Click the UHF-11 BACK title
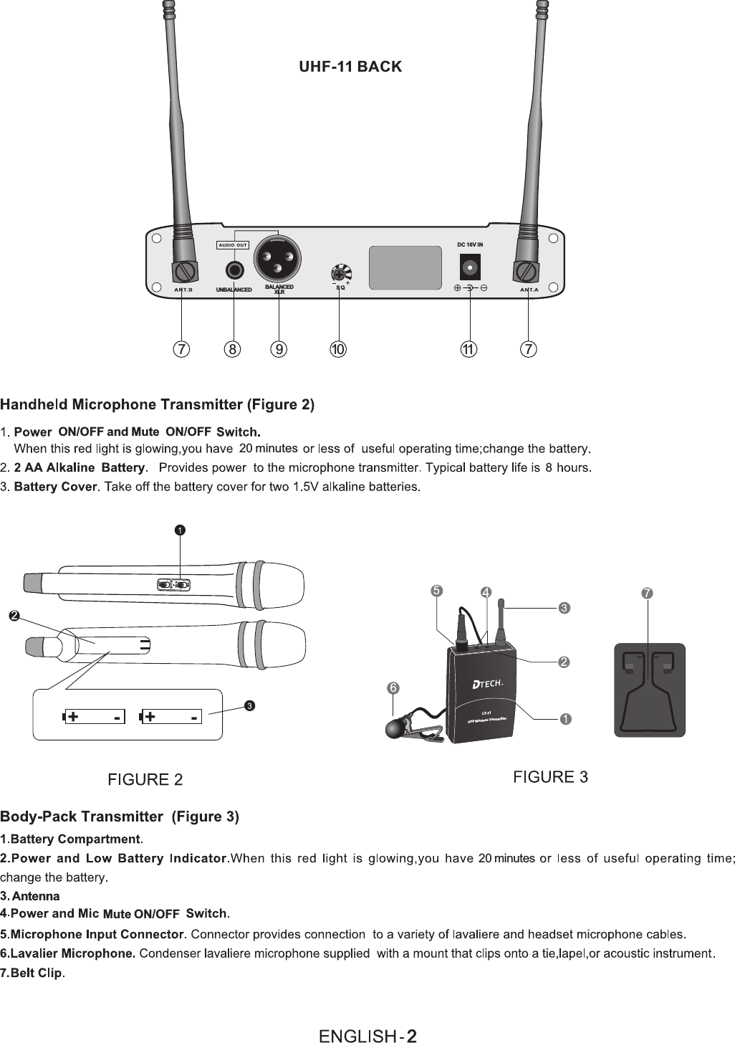coord(350,67)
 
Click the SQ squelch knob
coord(340,274)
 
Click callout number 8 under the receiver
coord(233,349)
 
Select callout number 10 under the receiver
coord(337,349)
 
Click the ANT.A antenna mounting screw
coord(527,272)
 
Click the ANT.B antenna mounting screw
coord(185,272)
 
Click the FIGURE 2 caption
coord(145,779)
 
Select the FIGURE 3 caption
coord(551,776)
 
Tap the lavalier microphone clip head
coord(396,729)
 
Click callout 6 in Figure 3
coord(393,687)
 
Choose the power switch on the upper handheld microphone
coord(174,585)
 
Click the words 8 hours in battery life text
coord(567,468)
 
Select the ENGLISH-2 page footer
coord(367,1035)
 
